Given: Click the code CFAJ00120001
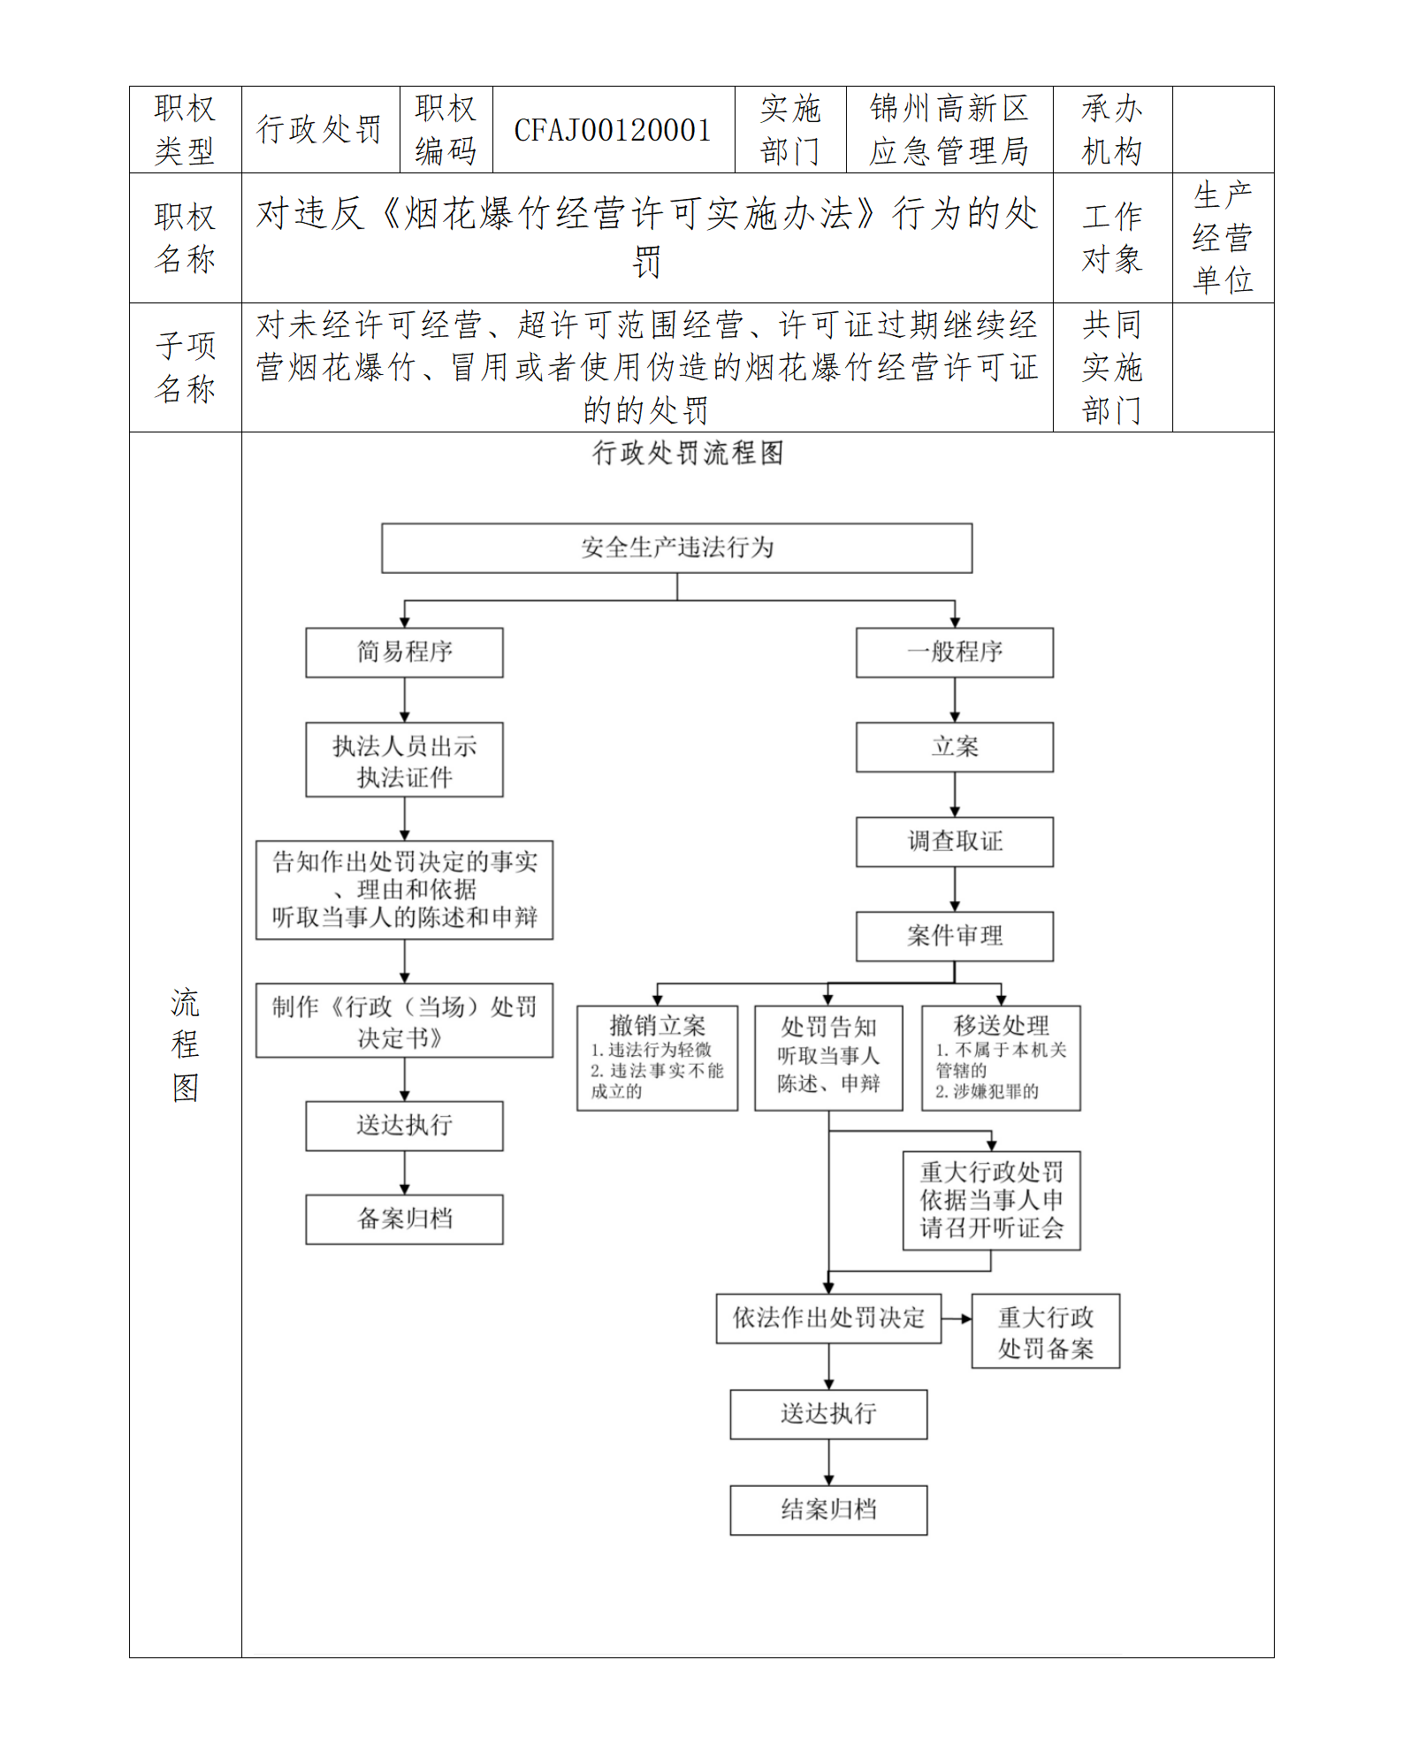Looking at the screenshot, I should coord(613,130).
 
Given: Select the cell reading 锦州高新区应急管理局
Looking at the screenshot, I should coord(949,130).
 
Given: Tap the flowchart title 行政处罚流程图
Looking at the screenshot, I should coord(688,453).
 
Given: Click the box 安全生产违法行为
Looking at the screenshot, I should coord(676,548).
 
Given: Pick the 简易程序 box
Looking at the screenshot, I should coord(404,653).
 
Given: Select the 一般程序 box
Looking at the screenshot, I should coord(954,653).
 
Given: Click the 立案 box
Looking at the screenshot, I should coord(954,747).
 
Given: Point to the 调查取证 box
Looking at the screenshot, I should coord(954,842).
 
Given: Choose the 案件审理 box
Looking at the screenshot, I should coord(954,937).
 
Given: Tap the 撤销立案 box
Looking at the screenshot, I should coord(657,1058).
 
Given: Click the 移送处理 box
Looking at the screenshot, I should coord(1001,1058).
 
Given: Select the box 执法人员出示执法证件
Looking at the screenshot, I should coord(404,761).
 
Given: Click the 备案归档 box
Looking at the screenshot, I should coord(404,1220).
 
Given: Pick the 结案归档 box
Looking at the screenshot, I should coord(828,1511).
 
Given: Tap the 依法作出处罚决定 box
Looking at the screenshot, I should coord(828,1319).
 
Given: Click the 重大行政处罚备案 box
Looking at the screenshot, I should coord(1045,1332).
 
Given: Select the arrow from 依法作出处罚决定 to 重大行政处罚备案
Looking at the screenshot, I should coord(957,1319).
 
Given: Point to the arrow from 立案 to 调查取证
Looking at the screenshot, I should coord(954,795).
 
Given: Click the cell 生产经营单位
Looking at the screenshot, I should coord(1223,237).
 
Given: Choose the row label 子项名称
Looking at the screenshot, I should coord(185,367).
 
